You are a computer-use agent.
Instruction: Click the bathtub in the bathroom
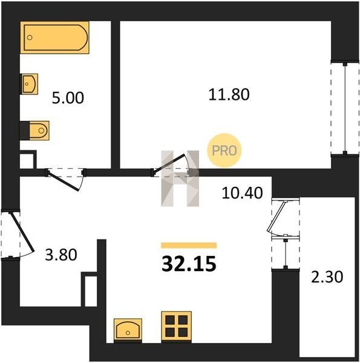tap(54, 38)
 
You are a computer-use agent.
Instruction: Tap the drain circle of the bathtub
tap(30, 38)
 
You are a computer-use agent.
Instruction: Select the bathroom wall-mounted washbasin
tap(29, 84)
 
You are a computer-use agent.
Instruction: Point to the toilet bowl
tap(39, 131)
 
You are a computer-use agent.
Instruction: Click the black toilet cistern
tap(24, 131)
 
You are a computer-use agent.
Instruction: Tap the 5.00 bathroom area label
tap(68, 98)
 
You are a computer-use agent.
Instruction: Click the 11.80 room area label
tap(229, 94)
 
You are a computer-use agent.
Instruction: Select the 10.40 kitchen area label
tap(242, 193)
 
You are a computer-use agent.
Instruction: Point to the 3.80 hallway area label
tap(61, 255)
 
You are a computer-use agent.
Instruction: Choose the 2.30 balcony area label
tap(327, 277)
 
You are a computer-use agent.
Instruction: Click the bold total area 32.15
tap(189, 264)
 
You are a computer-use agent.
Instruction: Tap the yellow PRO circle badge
tap(224, 151)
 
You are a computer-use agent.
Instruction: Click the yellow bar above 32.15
tap(189, 245)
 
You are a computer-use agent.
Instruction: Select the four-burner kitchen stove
tap(177, 327)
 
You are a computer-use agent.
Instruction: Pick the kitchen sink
tap(128, 330)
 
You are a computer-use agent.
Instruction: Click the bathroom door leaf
tap(63, 181)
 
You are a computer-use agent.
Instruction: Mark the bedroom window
tap(345, 108)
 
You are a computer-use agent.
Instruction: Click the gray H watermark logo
tap(180, 178)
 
